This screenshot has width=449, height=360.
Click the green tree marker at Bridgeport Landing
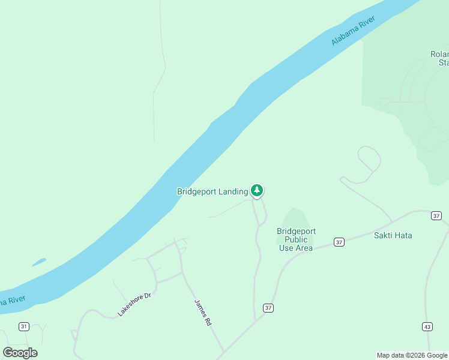(257, 191)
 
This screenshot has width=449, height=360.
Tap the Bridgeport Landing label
(212, 192)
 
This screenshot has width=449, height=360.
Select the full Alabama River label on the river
(353, 31)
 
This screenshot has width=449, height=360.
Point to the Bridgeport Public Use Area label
(296, 239)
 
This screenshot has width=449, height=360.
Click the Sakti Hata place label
(393, 235)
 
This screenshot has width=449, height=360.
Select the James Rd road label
(203, 313)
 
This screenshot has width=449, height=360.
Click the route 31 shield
(24, 326)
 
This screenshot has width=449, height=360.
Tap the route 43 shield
(427, 326)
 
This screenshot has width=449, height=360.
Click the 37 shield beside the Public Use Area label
(339, 242)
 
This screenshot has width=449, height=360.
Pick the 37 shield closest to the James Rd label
(268, 308)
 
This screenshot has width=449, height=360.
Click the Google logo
(20, 352)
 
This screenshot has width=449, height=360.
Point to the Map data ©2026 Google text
(412, 355)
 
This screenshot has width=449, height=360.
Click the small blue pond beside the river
(38, 262)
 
